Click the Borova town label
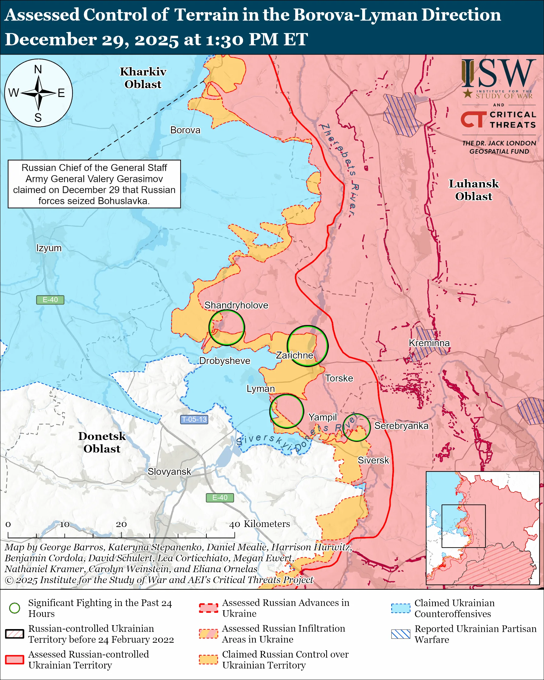(185, 130)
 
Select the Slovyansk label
(169, 472)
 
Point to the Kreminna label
(429, 343)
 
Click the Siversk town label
(373, 460)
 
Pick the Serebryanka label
(401, 426)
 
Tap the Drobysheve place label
(225, 361)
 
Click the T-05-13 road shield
(194, 419)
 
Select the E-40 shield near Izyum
(50, 300)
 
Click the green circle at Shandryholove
(227, 327)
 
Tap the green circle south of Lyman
(287, 411)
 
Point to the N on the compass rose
(38, 69)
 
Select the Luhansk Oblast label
(474, 190)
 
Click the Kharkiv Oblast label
(143, 78)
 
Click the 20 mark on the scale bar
(121, 524)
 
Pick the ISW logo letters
(498, 74)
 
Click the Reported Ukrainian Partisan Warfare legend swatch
(401, 634)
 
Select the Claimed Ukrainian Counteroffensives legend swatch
(401, 608)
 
